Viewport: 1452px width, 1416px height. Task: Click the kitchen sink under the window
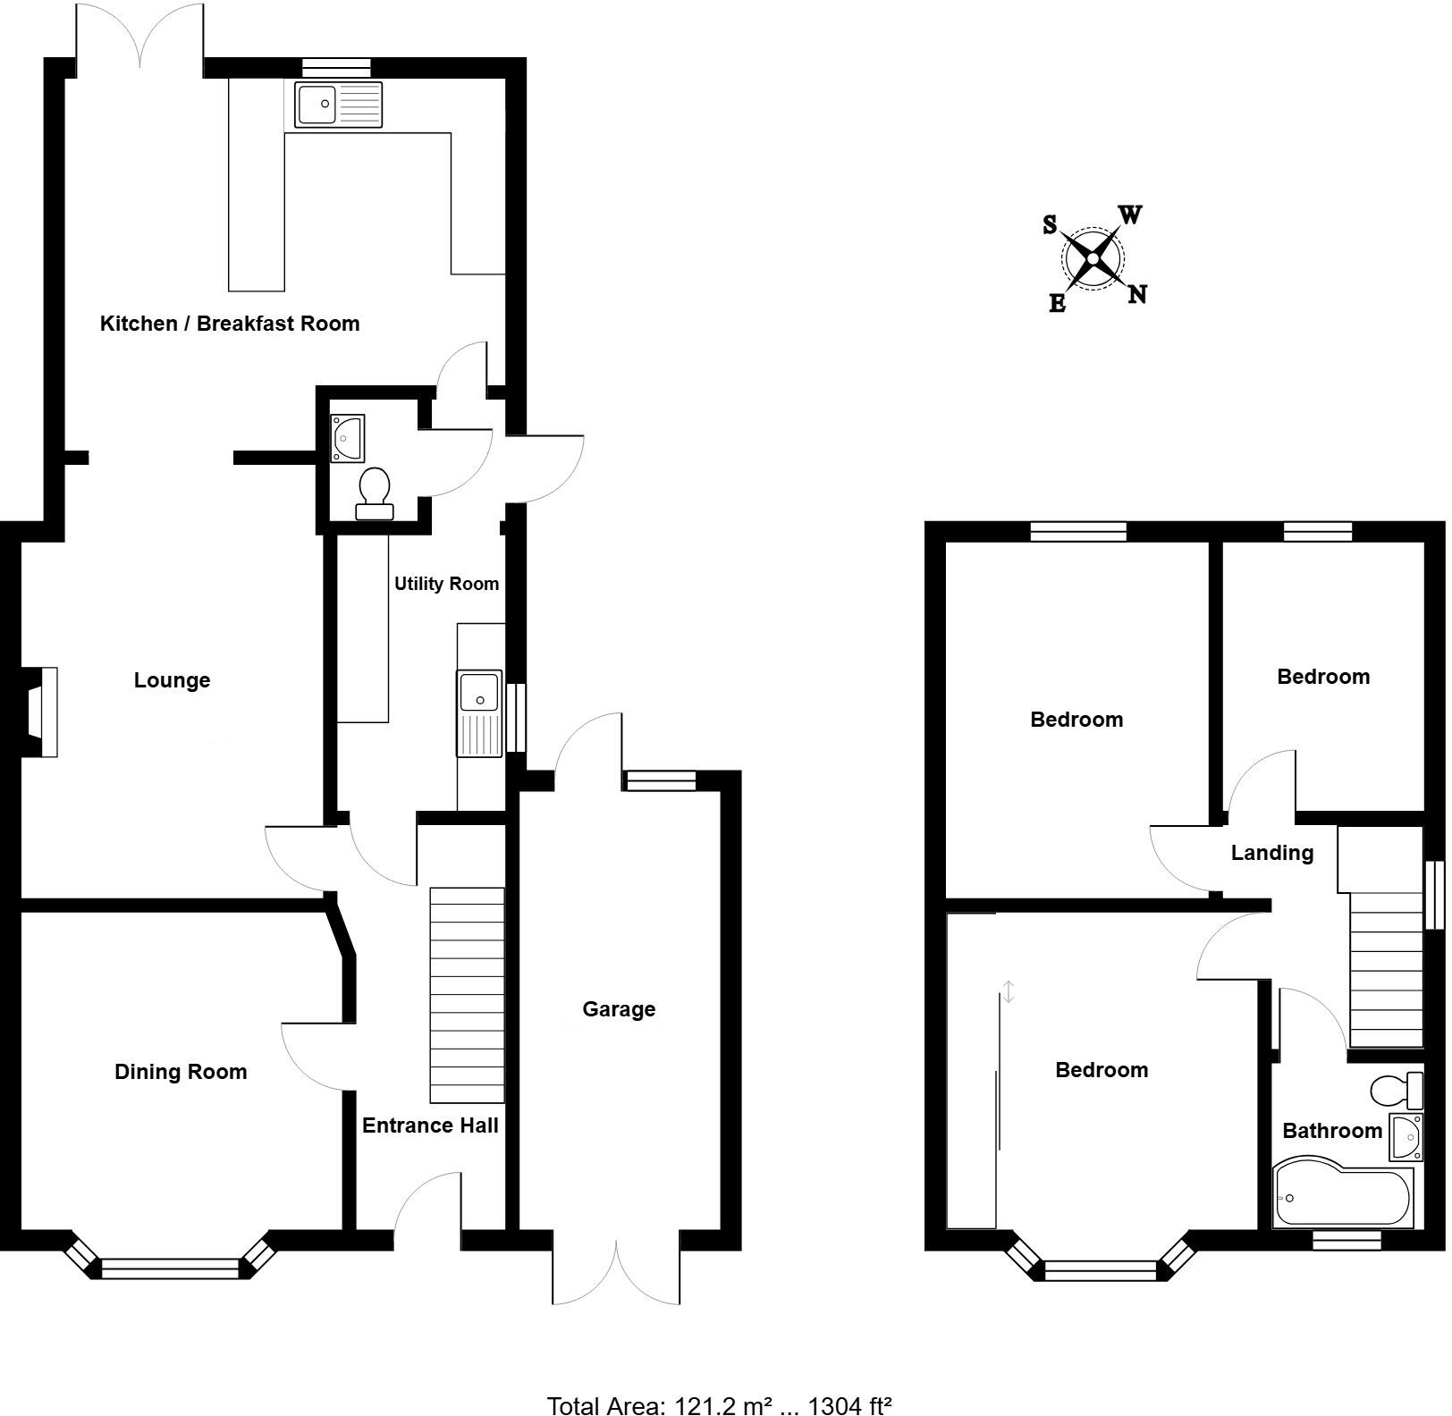click(x=338, y=105)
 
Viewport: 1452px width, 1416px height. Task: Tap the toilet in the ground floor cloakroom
click(x=375, y=492)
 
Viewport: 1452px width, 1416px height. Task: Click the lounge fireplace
click(x=41, y=712)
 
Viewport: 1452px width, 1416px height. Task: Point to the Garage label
click(x=619, y=1009)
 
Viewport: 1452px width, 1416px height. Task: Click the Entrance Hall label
click(x=430, y=1125)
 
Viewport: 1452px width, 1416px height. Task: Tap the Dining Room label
click(x=181, y=1072)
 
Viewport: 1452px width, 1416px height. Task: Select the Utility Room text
click(x=446, y=584)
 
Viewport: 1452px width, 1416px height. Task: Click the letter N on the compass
click(x=1136, y=294)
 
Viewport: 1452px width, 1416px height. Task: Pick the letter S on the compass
click(x=1050, y=224)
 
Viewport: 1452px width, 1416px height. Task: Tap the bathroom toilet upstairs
click(x=1396, y=1090)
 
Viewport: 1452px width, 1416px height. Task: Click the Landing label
click(x=1271, y=853)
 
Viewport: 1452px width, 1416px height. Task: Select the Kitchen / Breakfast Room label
click(x=230, y=324)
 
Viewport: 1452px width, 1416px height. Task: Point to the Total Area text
click(x=720, y=1405)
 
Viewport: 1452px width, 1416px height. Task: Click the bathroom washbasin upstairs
click(x=1406, y=1136)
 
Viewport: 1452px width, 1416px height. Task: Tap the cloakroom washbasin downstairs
click(x=347, y=438)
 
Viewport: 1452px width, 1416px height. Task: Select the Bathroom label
click(x=1331, y=1131)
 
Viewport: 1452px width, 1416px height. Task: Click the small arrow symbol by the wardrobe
click(x=1008, y=990)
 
